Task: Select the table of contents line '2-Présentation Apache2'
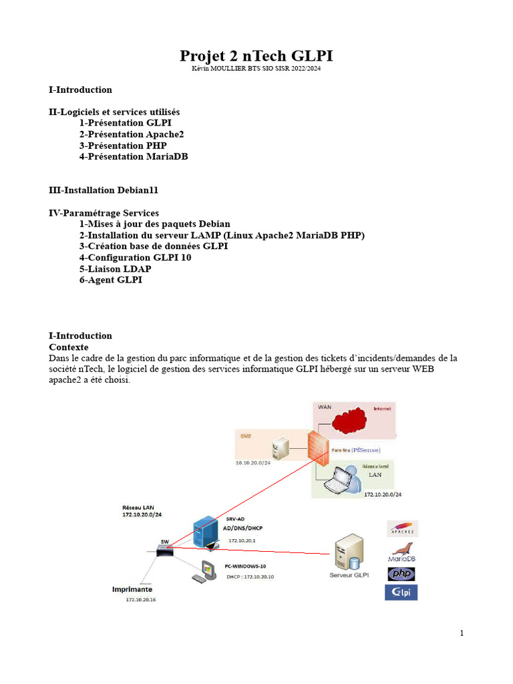click(131, 134)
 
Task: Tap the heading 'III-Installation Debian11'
click(104, 190)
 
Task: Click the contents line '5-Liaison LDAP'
click(115, 269)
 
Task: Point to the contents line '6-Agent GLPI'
click(110, 280)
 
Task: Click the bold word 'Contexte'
click(69, 347)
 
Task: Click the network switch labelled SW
click(164, 550)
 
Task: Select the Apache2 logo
click(402, 529)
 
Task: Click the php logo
click(401, 574)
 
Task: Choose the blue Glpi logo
click(401, 592)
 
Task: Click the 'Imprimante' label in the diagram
click(132, 590)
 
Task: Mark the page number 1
click(462, 633)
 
